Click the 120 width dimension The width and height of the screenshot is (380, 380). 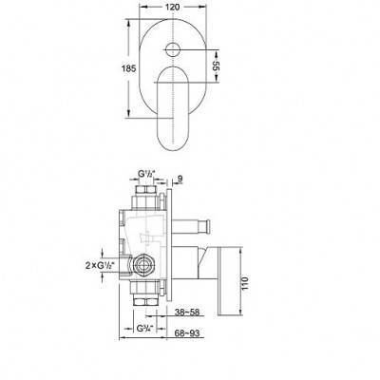(x=173, y=7)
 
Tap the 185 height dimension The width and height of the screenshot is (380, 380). (x=129, y=68)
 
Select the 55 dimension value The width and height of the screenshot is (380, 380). (x=216, y=66)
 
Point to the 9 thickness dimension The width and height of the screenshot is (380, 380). (x=180, y=180)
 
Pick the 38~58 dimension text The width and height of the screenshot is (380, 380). (x=187, y=313)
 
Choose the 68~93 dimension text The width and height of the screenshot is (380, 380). (x=187, y=333)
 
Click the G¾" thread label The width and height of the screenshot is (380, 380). (x=145, y=329)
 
